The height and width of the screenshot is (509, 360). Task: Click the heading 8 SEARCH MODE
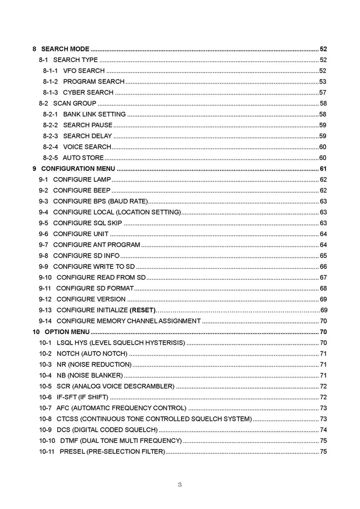[x=61, y=49]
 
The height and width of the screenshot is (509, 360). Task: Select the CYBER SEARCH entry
[x=88, y=92]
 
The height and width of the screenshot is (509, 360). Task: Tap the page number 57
[x=322, y=92]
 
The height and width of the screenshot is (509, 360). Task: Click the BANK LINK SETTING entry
[x=94, y=114]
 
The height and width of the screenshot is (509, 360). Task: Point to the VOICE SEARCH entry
[x=87, y=147]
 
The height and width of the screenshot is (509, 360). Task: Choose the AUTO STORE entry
[x=83, y=158]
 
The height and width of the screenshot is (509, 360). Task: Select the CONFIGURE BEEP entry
[x=82, y=190]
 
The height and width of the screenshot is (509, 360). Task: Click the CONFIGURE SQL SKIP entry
[x=87, y=223]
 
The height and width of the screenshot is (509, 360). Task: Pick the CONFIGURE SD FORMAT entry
[x=94, y=288]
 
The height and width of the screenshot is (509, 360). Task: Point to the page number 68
[x=323, y=288]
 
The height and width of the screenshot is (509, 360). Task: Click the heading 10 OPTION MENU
[x=61, y=332]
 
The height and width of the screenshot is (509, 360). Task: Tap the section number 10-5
[x=46, y=386]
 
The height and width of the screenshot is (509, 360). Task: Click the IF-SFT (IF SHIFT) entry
[x=82, y=397]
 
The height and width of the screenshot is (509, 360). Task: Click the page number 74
[x=323, y=430]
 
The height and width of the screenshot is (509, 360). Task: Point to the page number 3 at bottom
[x=180, y=484]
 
